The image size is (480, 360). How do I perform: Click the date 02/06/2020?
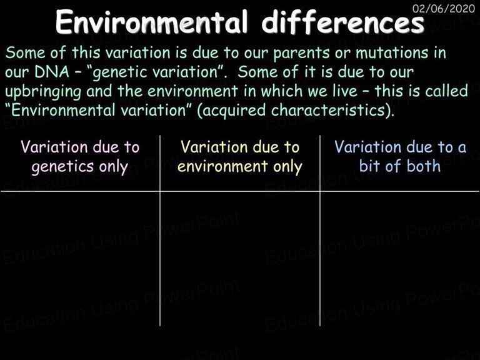click(444, 8)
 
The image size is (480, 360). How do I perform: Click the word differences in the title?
click(343, 22)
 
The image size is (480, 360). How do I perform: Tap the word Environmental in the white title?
click(151, 22)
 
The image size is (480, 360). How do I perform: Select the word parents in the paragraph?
click(301, 53)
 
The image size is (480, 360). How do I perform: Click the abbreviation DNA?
click(52, 72)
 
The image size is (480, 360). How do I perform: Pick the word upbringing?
click(43, 92)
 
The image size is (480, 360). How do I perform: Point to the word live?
click(344, 91)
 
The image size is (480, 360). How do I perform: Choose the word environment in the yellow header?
click(222, 166)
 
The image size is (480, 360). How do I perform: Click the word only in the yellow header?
click(287, 167)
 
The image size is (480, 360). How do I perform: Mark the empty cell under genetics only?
click(80, 259)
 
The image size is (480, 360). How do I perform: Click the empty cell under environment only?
click(240, 259)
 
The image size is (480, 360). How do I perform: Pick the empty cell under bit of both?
click(399, 259)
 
